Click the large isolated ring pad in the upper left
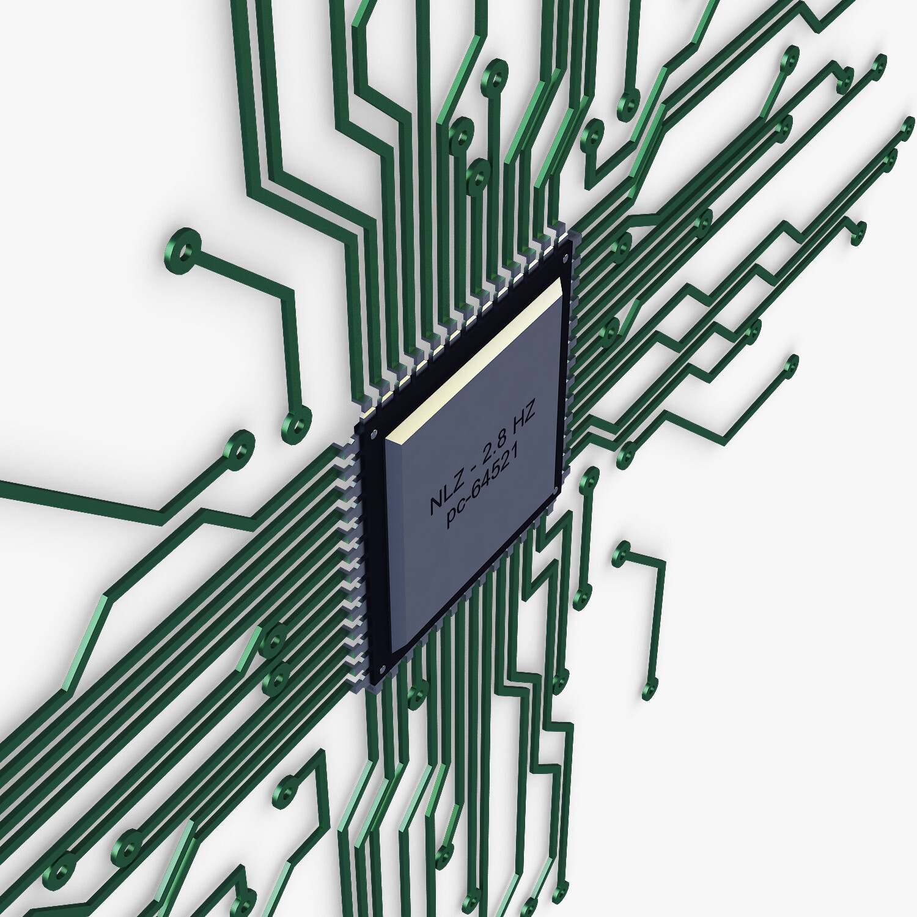pyautogui.click(x=182, y=250)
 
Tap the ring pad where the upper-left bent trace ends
pyautogui.click(x=296, y=424)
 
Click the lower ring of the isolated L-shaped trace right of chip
pyautogui.click(x=649, y=689)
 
